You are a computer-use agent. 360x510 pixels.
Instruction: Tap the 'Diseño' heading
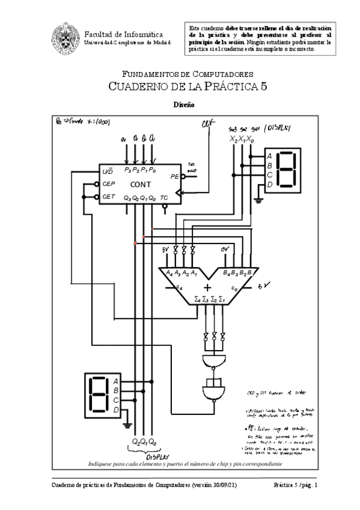183,104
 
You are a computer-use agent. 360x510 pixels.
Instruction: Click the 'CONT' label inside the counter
141,185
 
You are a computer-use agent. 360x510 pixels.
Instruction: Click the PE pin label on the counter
174,177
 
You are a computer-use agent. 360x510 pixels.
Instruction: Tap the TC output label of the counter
164,198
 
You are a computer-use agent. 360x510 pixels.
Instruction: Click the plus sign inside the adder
207,288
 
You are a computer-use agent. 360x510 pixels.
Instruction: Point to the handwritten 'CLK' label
208,124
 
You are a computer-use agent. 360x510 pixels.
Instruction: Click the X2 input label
233,140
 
